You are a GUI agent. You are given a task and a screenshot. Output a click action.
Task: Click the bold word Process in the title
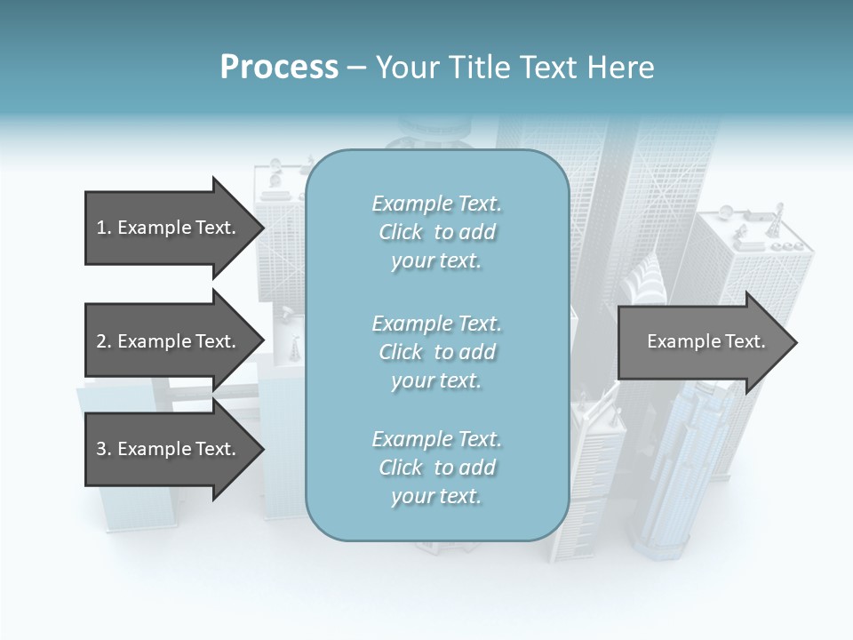point(279,68)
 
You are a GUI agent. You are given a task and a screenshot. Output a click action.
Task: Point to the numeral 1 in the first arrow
point(100,228)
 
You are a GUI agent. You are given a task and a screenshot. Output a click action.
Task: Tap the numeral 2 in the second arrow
point(101,341)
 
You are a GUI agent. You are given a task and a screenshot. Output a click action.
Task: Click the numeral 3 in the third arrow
point(101,449)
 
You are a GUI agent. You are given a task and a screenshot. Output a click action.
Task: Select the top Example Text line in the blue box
point(436,204)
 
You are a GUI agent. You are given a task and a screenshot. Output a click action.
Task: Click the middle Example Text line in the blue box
point(436,324)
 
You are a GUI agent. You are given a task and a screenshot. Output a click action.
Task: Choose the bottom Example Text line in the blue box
point(436,439)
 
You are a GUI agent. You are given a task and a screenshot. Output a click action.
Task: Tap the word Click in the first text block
point(401,232)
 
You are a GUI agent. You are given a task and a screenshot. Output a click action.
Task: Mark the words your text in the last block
point(436,496)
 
